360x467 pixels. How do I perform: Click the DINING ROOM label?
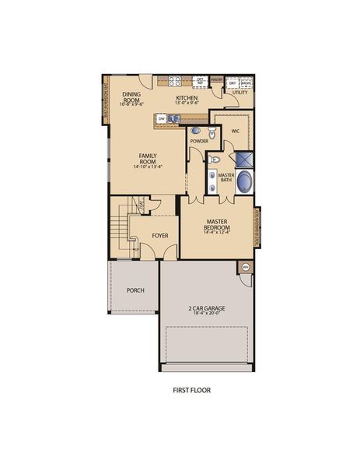point(131,97)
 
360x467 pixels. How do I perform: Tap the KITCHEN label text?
point(186,97)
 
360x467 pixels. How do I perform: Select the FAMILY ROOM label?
point(148,159)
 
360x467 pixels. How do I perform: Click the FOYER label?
point(160,234)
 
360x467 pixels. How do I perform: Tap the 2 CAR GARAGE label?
point(205,309)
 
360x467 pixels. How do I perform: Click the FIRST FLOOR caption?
point(191,390)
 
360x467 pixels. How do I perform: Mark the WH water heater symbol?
point(246,267)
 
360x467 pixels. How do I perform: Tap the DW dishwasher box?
point(162,119)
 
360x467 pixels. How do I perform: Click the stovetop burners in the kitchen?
point(175,80)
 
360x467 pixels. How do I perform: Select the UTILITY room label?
point(239,93)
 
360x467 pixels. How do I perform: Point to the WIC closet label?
point(235,131)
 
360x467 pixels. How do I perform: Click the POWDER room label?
point(199,142)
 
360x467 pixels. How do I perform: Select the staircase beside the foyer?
point(117,230)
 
